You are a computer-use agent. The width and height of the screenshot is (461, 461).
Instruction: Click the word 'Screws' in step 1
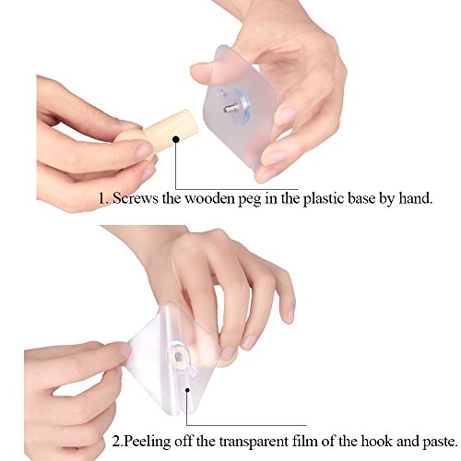[x=136, y=198]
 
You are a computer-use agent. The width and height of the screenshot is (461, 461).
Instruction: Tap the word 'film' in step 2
[x=305, y=441]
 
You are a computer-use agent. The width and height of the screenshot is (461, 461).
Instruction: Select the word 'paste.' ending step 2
[x=440, y=443]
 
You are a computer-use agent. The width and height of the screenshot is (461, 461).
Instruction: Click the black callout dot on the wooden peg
[x=176, y=139]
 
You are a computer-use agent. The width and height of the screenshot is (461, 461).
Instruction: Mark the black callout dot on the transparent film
[x=187, y=390]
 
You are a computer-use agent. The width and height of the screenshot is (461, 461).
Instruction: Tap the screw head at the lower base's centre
[x=178, y=357]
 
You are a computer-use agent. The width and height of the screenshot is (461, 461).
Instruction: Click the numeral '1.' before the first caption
[x=103, y=199]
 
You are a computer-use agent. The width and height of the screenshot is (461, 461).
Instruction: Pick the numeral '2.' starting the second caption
[x=118, y=443]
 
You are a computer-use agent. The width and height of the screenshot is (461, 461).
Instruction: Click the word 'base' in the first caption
[x=361, y=198]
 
